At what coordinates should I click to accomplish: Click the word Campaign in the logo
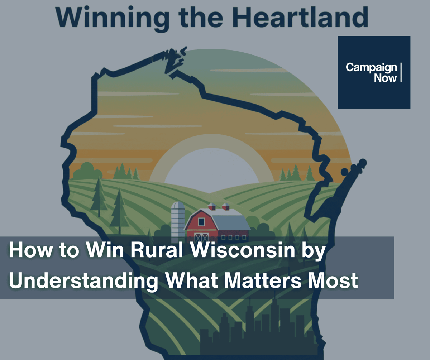pos(371,67)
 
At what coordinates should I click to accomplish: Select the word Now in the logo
pos(385,78)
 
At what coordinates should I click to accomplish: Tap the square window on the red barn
pos(201,222)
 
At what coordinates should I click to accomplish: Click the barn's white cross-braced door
pos(201,237)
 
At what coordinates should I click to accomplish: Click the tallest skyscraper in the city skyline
pos(275,321)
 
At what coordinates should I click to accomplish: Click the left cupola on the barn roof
pos(212,207)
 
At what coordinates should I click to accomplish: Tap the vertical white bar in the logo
pos(401,72)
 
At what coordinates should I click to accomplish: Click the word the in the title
pos(201,17)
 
